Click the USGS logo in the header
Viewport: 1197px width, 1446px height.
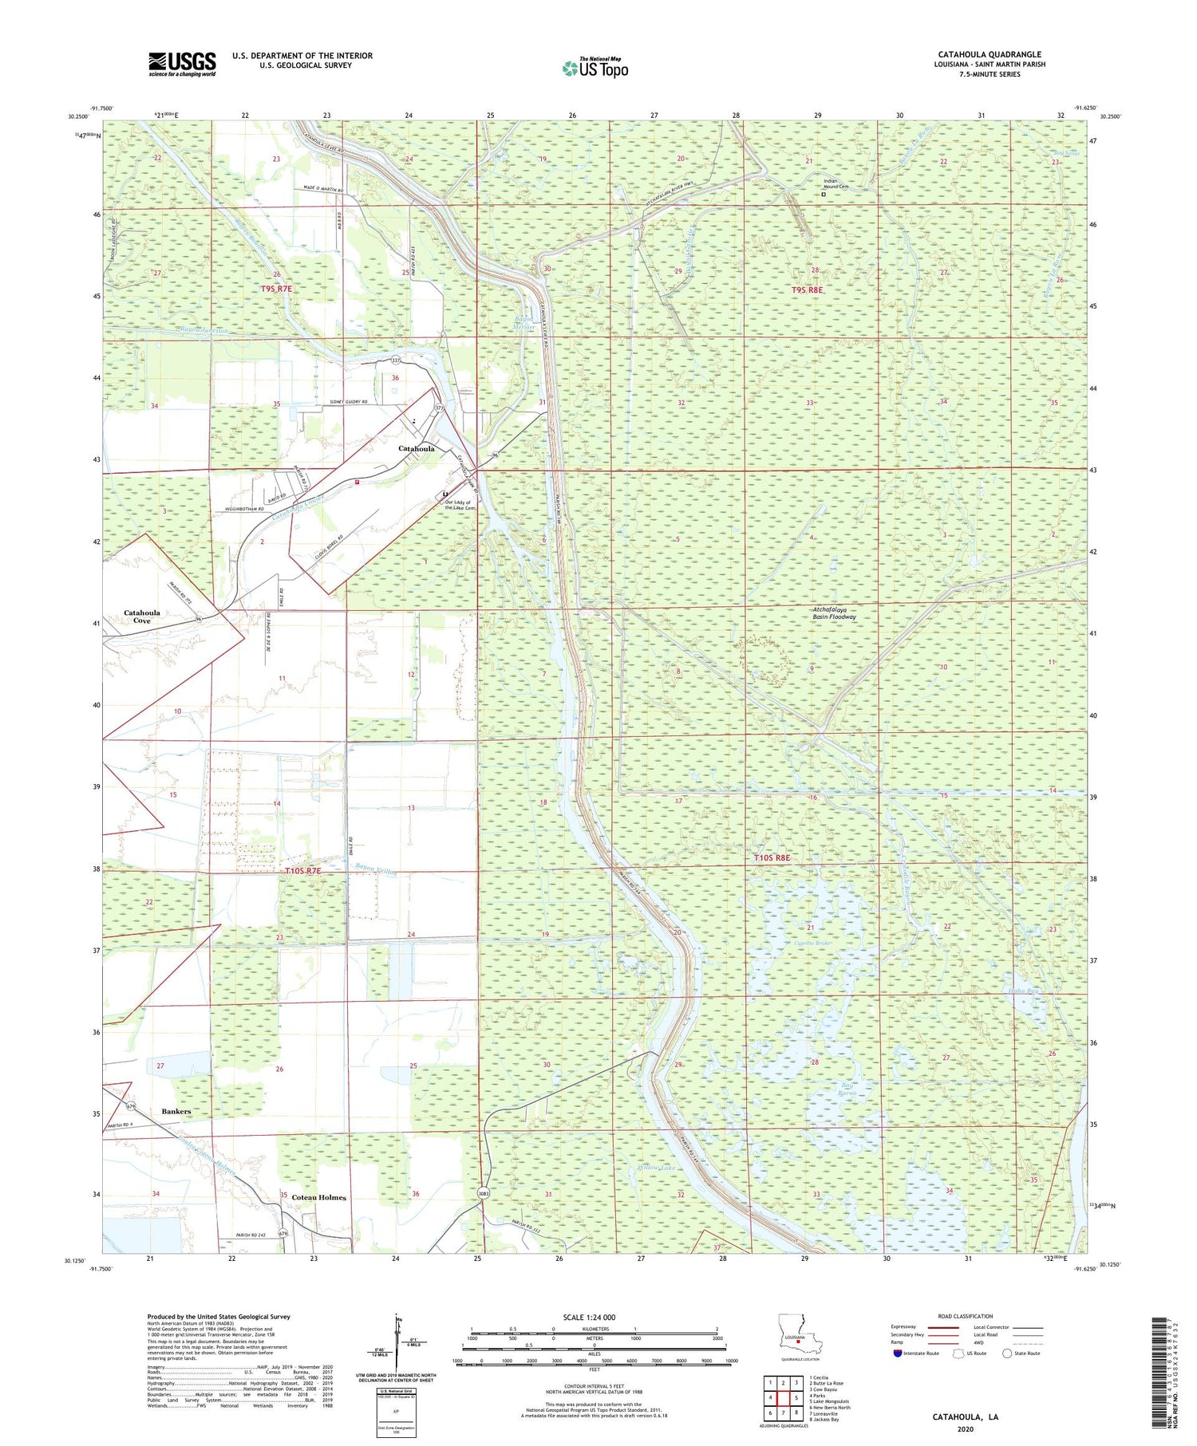182,64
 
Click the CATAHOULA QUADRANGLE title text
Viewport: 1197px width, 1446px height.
990,54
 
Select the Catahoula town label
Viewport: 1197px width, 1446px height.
417,449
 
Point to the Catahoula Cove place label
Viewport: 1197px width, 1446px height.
142,617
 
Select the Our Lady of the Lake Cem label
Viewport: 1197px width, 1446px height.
460,505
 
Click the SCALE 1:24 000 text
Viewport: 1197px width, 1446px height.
594,1317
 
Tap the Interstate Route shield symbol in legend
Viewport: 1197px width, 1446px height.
898,1353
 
